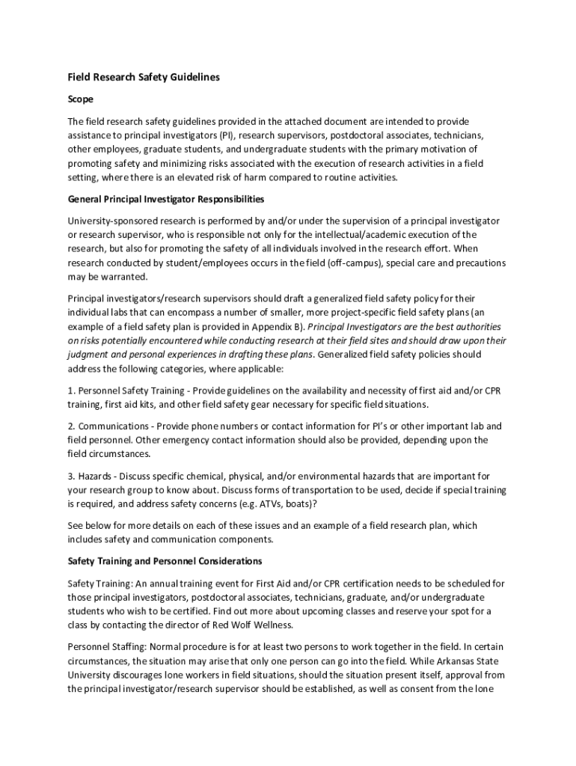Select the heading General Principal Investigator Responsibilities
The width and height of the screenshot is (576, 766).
click(x=166, y=199)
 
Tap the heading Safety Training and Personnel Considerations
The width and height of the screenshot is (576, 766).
click(x=165, y=560)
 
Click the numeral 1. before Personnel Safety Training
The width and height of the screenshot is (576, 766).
click(x=72, y=390)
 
